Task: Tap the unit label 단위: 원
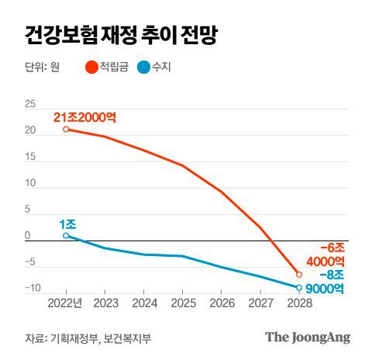[42, 67]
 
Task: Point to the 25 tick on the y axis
[31, 104]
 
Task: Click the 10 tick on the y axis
[31, 183]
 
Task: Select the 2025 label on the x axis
[182, 303]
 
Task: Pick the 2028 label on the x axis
[299, 303]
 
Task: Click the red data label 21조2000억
[84, 117]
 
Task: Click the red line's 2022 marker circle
[66, 129]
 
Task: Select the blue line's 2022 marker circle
[66, 235]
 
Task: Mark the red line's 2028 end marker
[299, 275]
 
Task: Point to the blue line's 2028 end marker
[299, 288]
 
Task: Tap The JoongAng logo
[308, 337]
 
